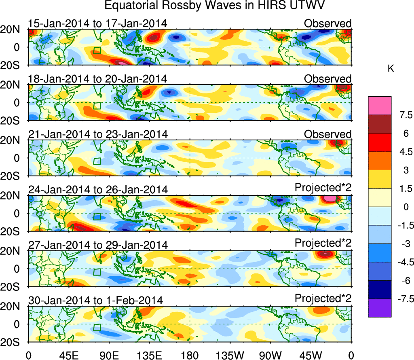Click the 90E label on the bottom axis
point(109,355)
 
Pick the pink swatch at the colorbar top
point(380,105)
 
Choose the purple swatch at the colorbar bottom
point(380,308)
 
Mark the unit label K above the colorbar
point(391,69)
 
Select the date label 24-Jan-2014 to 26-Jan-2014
point(97,189)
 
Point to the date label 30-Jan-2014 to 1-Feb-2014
point(95,300)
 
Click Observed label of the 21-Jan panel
point(328,134)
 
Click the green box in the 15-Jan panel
point(97,51)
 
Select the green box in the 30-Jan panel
point(97,327)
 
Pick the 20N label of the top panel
point(13,30)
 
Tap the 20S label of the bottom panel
point(13,342)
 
